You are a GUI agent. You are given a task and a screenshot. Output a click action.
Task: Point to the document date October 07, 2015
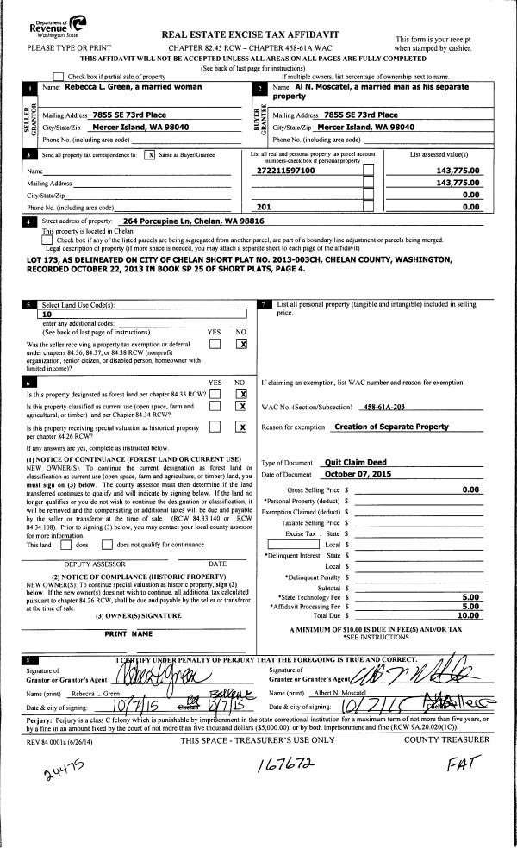click(359, 474)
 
